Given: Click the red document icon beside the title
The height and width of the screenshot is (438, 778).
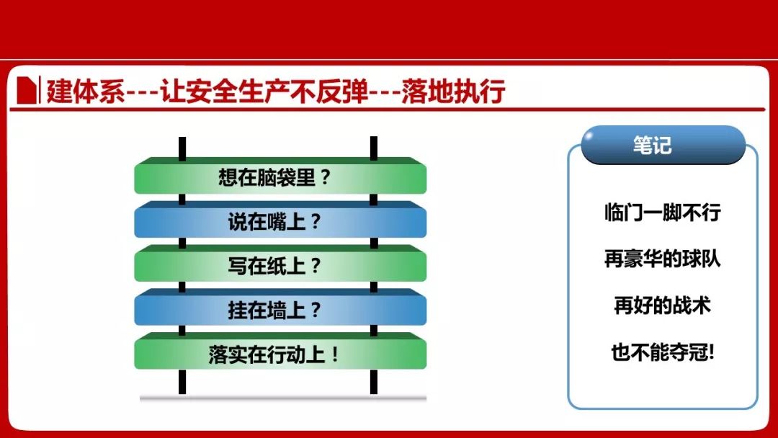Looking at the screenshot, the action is pos(27,90).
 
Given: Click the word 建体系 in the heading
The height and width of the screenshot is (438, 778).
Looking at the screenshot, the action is pos(85,91).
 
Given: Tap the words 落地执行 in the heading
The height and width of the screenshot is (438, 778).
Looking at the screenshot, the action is pos(453,91).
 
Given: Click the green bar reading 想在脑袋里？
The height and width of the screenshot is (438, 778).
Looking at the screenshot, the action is pos(280,176).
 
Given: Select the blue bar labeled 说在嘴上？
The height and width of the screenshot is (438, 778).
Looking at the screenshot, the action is pos(280,219).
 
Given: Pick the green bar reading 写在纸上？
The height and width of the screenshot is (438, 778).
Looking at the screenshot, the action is pos(280,264).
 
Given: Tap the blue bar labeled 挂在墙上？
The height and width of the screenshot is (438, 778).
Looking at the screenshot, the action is pos(280,307).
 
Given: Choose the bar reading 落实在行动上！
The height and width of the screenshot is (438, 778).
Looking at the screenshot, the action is pos(280,352).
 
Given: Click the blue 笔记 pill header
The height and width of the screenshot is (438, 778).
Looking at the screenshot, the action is pos(663,145).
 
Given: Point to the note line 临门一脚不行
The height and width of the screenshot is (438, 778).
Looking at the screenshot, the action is pos(663,213).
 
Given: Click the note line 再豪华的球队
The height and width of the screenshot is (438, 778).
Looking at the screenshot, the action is pos(663,259).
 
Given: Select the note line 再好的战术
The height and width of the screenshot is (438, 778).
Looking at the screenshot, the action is pos(663,305).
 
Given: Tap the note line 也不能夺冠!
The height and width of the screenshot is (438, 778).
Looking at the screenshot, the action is pos(663,352).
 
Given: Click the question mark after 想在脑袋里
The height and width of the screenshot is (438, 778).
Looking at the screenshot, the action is pos(325,177).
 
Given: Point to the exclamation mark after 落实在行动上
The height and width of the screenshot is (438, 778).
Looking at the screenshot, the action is pos(335,354).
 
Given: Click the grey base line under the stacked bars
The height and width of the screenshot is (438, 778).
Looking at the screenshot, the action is pos(283,398).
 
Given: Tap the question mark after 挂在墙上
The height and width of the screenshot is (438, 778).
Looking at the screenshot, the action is pos(316,310).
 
